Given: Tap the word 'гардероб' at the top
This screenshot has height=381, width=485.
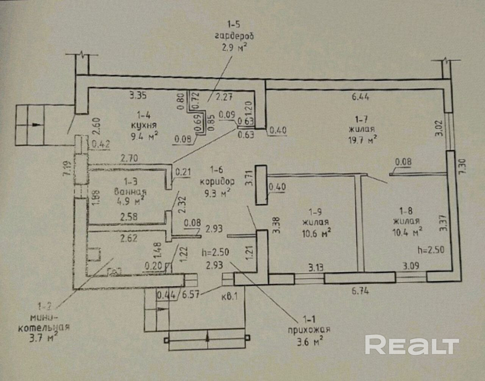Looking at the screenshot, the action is pos(234,36).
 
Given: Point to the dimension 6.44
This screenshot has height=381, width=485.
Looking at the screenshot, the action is pos(360,97).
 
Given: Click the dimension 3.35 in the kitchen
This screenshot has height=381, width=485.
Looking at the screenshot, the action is pos(138,95).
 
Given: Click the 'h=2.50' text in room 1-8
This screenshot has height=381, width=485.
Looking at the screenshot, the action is pos(430,250).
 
